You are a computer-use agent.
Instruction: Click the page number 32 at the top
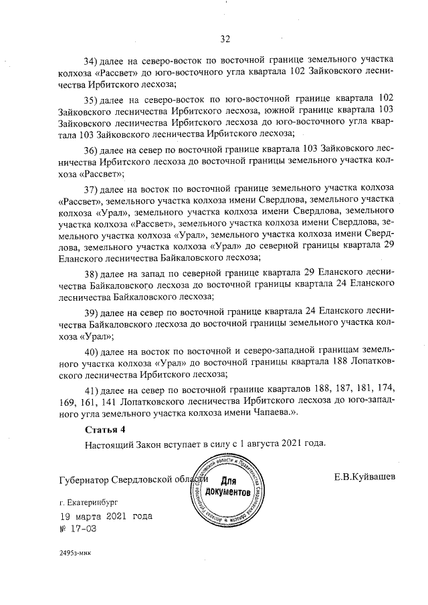(225, 38)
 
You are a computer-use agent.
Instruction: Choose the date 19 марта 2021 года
(105, 516)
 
